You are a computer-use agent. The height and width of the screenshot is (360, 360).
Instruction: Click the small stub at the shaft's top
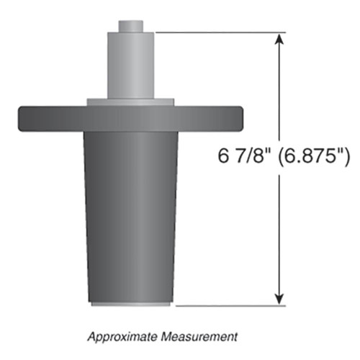coord(130,25)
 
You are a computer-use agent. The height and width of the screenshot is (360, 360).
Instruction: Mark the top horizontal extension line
coord(216,32)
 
